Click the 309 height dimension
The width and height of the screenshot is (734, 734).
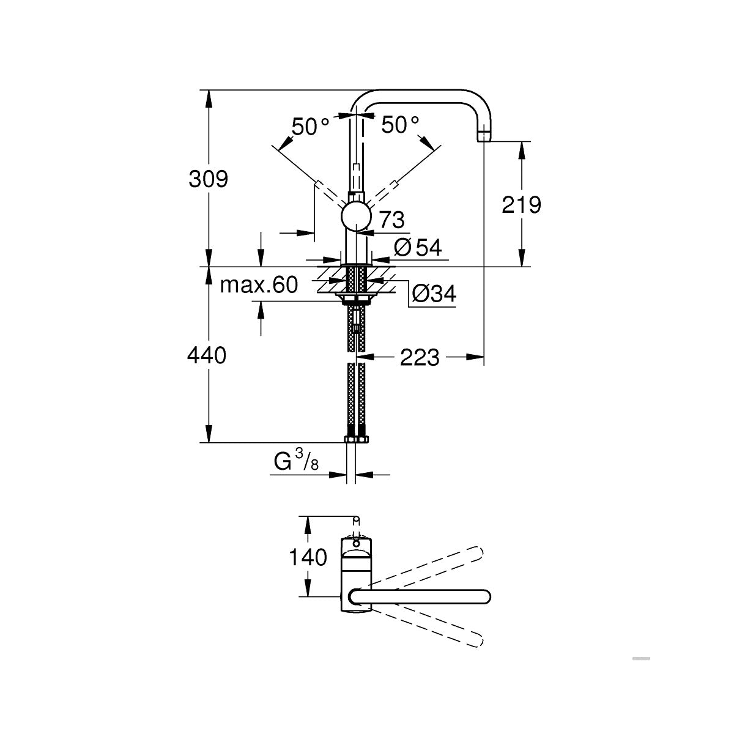208,179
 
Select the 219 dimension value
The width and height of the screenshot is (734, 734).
521,205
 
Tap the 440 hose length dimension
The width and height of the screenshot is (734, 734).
207,355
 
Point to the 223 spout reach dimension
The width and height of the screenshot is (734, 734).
420,357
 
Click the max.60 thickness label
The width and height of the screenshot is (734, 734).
258,285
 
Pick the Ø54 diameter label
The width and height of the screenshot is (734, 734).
418,248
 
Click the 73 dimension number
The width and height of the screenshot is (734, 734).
392,218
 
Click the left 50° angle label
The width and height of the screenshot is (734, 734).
310,126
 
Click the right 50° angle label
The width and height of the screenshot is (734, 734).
401,125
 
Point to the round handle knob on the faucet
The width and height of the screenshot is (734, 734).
355,217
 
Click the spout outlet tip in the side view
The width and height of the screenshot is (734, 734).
484,136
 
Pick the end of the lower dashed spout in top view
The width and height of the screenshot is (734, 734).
477,640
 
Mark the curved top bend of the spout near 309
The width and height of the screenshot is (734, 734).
367,98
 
